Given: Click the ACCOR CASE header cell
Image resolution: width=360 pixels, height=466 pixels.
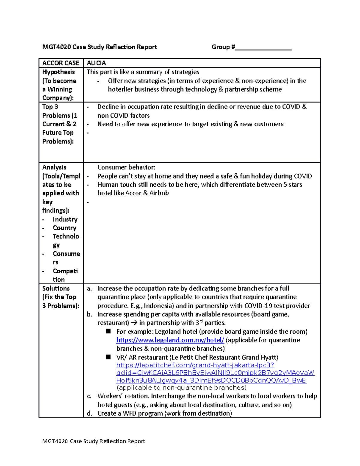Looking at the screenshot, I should (61, 63).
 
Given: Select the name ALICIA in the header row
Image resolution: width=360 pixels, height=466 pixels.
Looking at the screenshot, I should (96, 63).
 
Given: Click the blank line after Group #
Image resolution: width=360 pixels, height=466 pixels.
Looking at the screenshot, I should (263, 47).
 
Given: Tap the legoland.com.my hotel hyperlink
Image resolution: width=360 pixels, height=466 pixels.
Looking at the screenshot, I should (170, 340).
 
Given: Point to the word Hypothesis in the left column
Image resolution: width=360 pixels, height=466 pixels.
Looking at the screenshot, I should (58, 72).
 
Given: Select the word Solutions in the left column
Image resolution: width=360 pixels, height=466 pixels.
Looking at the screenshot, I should (56, 288).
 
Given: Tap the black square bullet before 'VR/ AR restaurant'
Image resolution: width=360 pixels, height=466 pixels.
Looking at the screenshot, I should (108, 357).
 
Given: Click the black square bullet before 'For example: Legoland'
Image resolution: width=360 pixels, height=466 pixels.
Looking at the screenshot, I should (108, 331).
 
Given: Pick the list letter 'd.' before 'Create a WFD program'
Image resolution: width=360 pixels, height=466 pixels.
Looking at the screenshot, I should (89, 413).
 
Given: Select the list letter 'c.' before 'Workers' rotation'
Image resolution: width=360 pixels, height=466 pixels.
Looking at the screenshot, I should (89, 396).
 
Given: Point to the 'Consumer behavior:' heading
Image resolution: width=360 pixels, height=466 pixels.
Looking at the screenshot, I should (126, 167).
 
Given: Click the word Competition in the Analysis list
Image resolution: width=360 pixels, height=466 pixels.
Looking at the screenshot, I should (65, 275).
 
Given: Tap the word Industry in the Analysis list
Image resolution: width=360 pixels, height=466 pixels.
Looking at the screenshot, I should (65, 219).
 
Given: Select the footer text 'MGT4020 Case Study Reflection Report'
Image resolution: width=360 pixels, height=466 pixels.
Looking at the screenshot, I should (94, 441).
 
